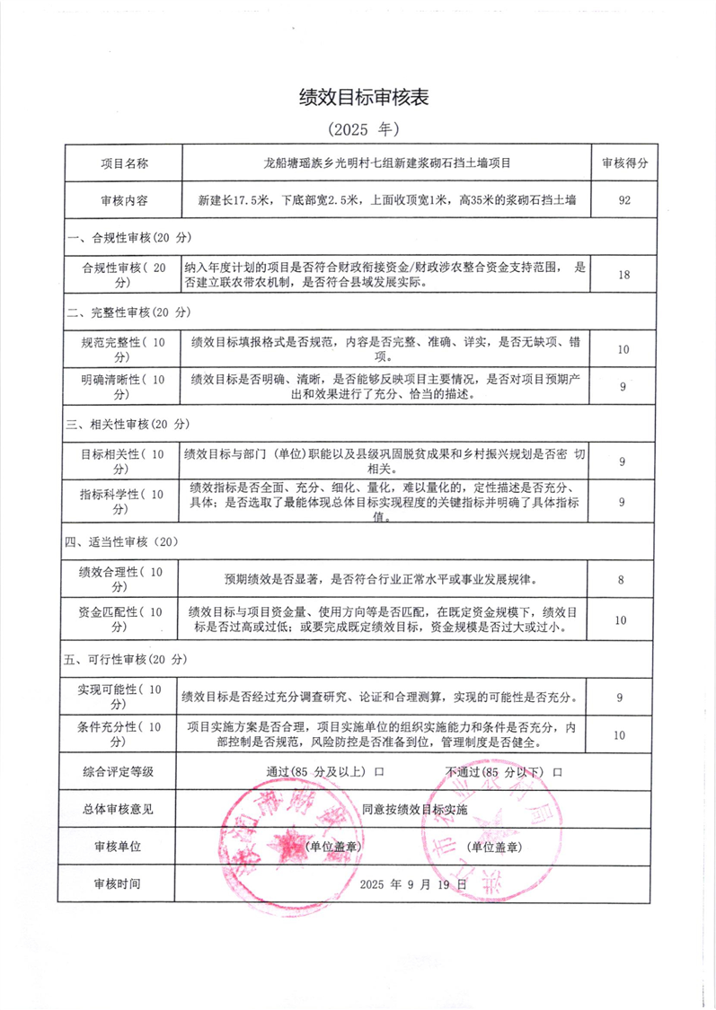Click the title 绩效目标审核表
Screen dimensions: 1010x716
click(358, 98)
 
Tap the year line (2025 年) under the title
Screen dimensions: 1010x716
click(358, 129)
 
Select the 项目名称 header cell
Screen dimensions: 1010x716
click(124, 163)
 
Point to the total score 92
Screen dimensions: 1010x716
click(623, 201)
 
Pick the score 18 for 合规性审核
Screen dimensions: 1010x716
click(623, 275)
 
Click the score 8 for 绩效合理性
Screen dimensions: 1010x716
click(622, 580)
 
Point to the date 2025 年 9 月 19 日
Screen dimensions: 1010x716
click(413, 883)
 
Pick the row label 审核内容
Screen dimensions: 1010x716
click(124, 201)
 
